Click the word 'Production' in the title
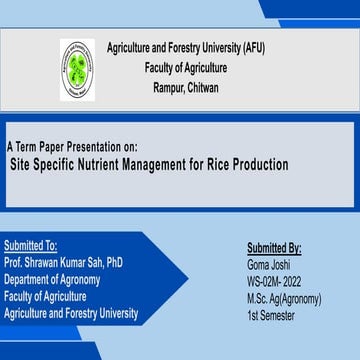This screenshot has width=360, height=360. pyautogui.click(x=266, y=163)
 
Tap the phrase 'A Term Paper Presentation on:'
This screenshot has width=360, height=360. pyautogui.click(x=72, y=146)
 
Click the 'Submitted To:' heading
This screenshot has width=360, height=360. pyautogui.click(x=31, y=243)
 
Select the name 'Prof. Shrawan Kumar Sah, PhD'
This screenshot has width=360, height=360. pyautogui.click(x=64, y=260)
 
